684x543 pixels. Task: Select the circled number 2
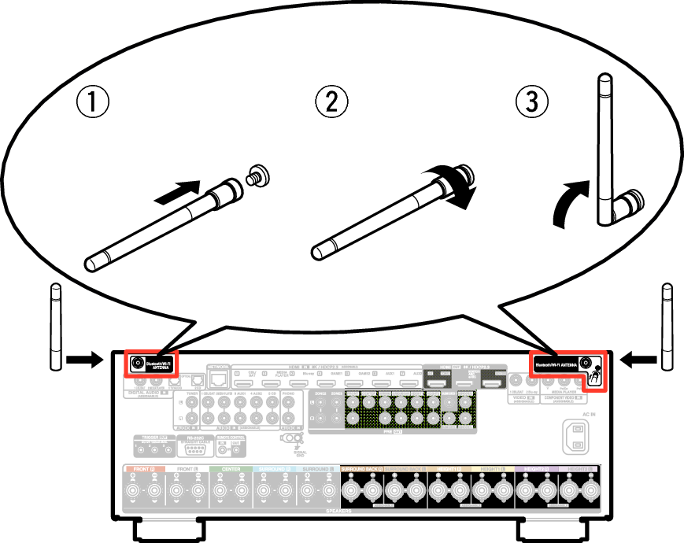click(x=331, y=102)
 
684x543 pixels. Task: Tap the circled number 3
click(x=531, y=102)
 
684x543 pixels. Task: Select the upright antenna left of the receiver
click(x=56, y=327)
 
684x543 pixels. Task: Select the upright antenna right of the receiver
click(x=667, y=327)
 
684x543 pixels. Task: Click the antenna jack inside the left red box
click(x=139, y=364)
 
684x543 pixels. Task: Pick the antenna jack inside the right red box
click(x=585, y=364)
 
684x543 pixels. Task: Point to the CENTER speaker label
click(x=230, y=468)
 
